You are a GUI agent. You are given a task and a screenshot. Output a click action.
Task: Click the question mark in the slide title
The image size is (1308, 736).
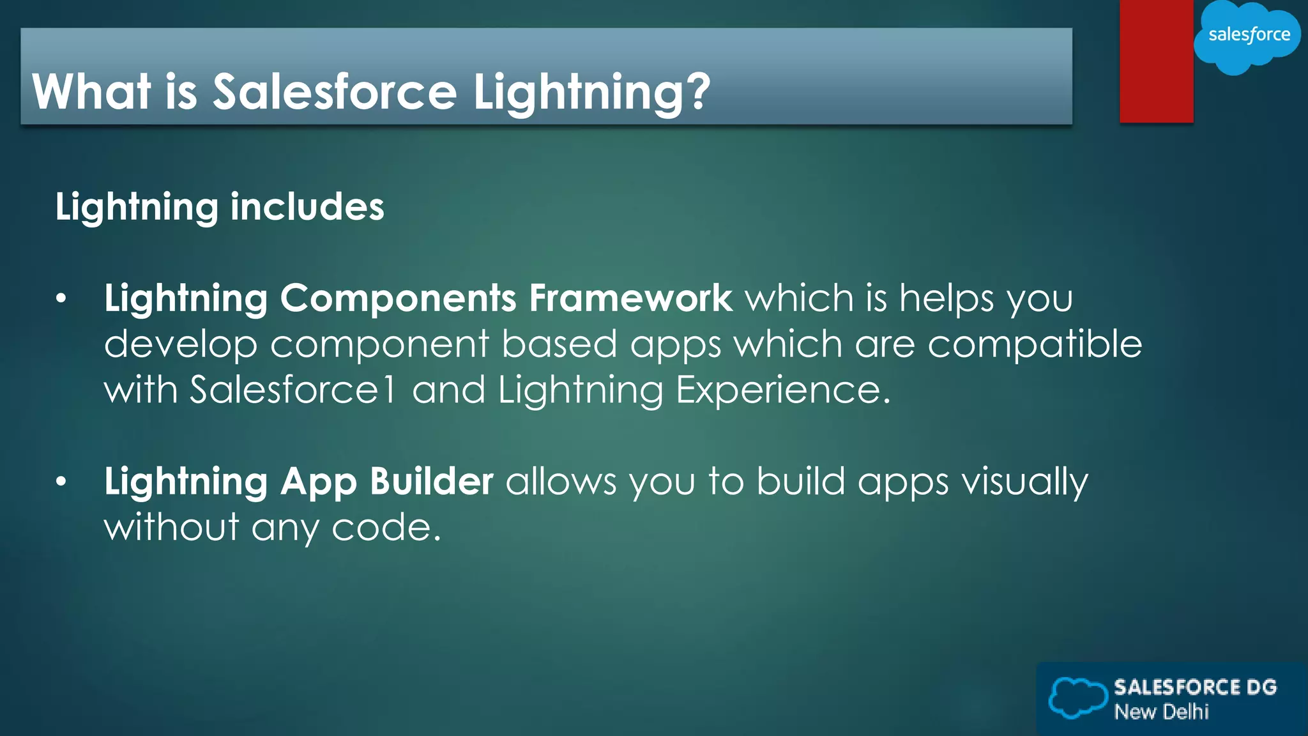click(698, 91)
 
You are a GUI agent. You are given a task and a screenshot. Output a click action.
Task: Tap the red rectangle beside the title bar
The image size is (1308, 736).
click(1156, 61)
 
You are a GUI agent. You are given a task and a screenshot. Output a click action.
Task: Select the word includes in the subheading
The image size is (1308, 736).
click(307, 207)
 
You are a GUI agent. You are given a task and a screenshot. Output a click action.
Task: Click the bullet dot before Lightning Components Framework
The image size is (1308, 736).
click(61, 299)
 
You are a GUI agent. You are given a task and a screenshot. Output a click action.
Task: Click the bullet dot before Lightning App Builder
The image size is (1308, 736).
click(61, 482)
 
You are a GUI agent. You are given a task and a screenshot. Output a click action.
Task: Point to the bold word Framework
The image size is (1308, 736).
click(630, 298)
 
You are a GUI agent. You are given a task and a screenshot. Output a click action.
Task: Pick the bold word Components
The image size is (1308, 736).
click(398, 299)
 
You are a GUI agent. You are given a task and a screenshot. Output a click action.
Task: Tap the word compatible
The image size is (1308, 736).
click(1035, 344)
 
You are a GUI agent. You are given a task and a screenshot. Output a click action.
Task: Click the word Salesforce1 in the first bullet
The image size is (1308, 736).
click(294, 390)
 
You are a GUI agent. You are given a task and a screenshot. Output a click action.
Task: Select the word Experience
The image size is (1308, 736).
click(782, 390)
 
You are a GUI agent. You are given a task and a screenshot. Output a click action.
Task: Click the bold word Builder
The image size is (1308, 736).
click(432, 481)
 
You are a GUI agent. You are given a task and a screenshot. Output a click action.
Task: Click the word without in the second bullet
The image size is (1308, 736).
click(172, 528)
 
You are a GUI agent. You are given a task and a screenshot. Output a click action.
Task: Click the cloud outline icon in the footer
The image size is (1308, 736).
click(1077, 698)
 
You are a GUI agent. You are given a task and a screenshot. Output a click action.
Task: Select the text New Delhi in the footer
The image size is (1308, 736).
click(1161, 712)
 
